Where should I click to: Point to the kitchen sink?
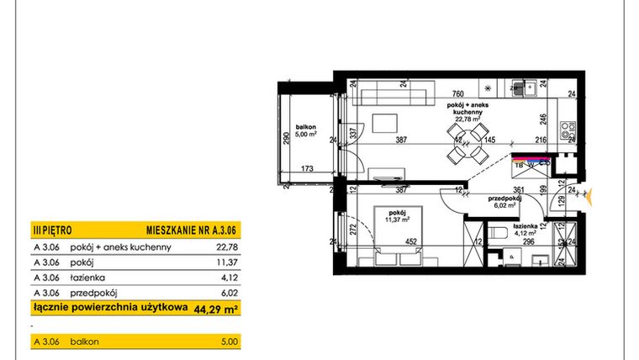(x=530, y=88)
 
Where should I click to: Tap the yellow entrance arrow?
(x=593, y=197)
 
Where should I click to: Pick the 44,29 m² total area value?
(x=215, y=309)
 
